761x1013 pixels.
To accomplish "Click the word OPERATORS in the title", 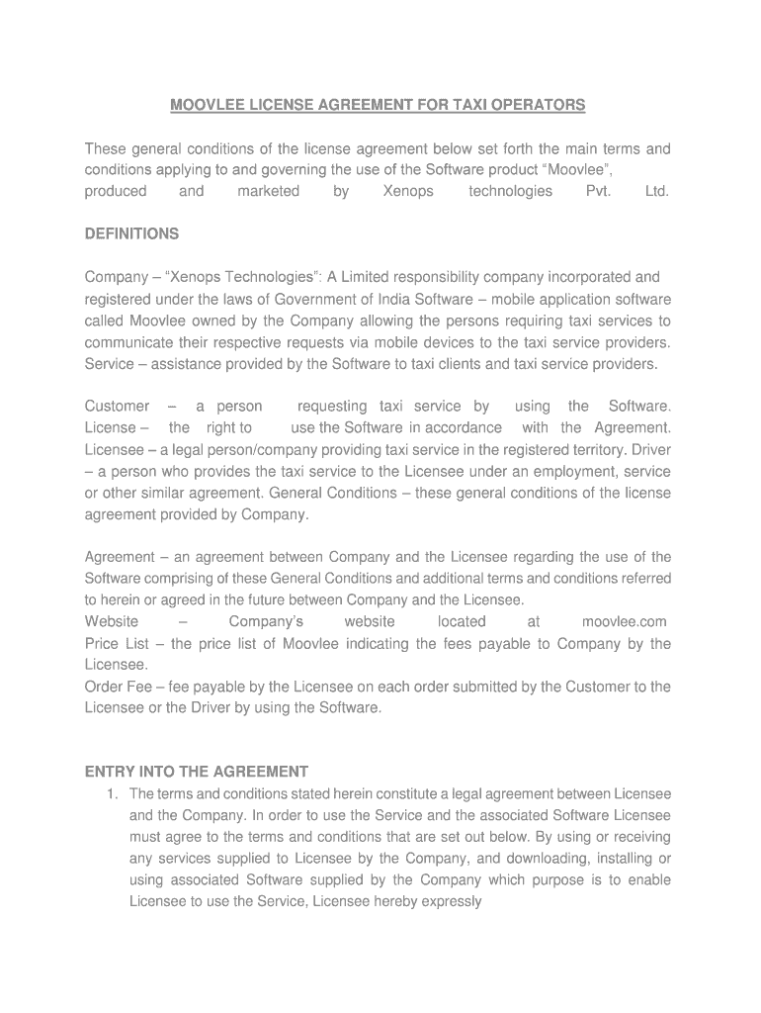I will tap(540, 105).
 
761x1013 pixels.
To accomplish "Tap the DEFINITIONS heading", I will tap(131, 234).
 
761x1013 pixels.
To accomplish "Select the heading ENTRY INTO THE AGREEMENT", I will tap(197, 772).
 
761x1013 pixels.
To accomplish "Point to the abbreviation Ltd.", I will tap(657, 192).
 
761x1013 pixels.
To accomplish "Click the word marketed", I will tap(268, 192).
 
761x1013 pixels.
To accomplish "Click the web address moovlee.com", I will tap(624, 622).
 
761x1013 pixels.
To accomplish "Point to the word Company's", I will tap(266, 622).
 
